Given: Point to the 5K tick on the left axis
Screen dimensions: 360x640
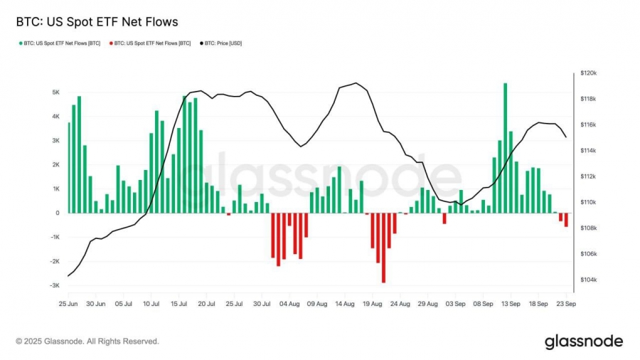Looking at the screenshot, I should click(x=55, y=92).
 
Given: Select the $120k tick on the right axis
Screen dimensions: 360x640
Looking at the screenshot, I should click(x=589, y=73).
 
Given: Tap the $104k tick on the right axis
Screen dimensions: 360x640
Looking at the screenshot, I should click(x=589, y=280).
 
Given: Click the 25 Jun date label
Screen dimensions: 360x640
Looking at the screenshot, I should click(x=68, y=304).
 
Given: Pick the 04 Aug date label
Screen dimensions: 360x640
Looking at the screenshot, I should click(x=289, y=304).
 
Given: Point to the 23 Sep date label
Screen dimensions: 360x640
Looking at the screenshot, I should click(x=565, y=304).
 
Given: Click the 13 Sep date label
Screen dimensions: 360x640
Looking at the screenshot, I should click(x=510, y=304).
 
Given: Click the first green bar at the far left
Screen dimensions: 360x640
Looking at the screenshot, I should click(x=69, y=168).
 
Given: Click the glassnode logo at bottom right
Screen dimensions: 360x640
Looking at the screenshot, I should click(x=583, y=342).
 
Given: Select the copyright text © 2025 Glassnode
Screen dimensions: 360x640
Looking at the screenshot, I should click(x=87, y=342).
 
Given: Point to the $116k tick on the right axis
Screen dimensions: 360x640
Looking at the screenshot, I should click(x=589, y=125).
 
